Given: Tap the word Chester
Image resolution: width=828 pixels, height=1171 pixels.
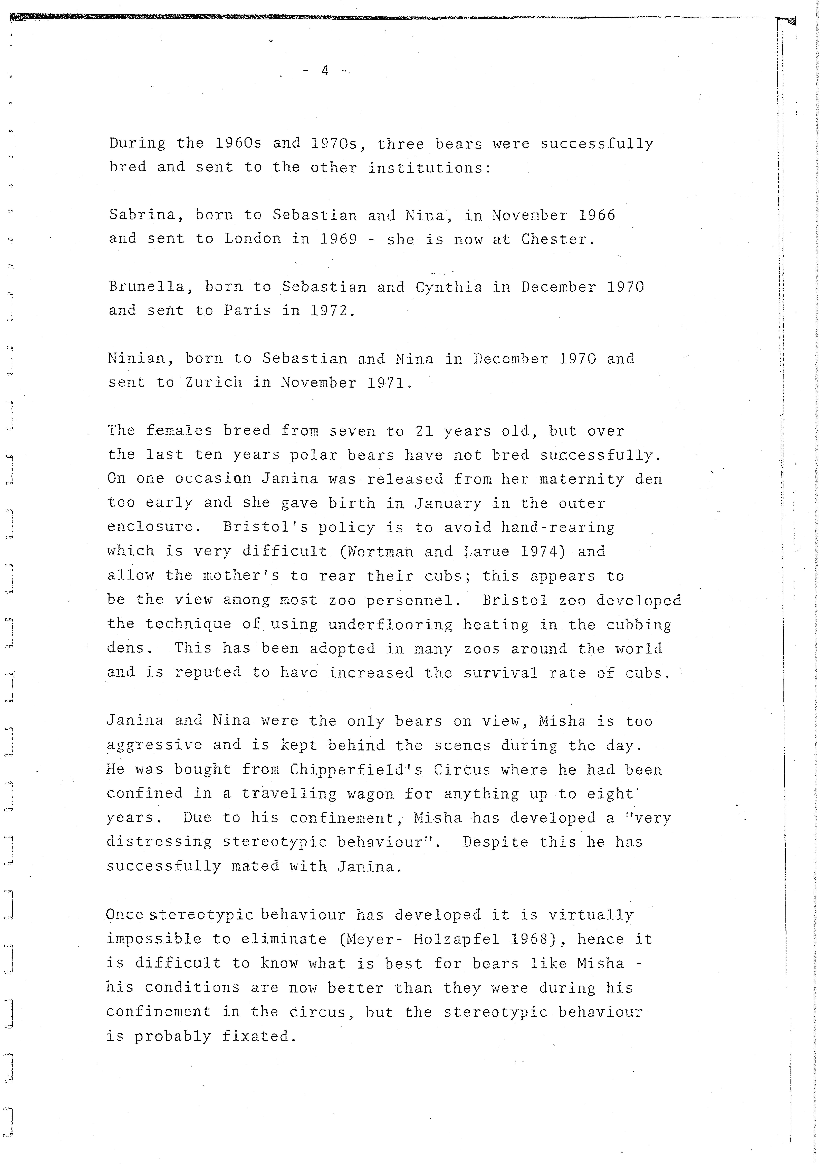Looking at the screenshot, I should click(x=558, y=239).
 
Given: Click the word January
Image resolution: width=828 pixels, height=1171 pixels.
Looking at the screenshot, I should click(x=447, y=503).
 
